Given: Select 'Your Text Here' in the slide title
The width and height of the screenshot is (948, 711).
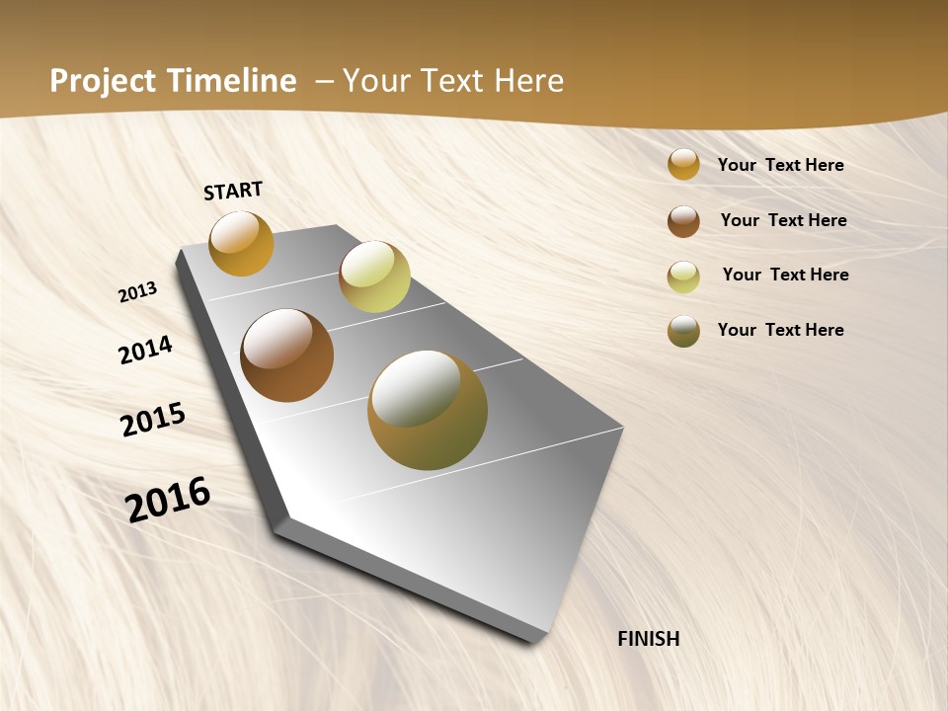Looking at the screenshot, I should point(452,81).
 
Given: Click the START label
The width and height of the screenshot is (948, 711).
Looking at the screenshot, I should point(233,191).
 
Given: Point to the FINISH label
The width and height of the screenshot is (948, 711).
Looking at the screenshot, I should point(649,639).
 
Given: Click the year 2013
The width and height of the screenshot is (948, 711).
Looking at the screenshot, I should point(137,292).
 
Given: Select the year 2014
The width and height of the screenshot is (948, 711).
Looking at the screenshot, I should point(145,350).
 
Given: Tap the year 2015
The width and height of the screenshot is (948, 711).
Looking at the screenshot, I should point(153,420).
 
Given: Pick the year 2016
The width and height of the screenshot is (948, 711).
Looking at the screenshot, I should point(168,500).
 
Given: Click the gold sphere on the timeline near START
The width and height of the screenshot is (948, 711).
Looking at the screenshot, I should point(241,243).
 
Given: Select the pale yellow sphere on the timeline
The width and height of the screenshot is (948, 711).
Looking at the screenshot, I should point(374,276).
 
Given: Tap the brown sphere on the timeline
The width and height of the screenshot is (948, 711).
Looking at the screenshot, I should point(287,355).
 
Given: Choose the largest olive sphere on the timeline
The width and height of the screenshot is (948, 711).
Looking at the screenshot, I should point(428,410).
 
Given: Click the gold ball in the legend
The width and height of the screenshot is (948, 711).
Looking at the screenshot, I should point(683,165).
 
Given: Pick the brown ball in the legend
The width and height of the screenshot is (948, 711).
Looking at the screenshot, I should point(683,221).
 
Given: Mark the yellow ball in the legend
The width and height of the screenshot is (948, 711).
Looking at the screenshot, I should point(683,276).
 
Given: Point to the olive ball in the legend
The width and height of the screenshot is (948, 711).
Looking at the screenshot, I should point(683,331).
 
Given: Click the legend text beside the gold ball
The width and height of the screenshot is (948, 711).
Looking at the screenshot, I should point(780,165).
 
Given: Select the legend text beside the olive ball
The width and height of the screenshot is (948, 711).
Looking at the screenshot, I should point(780,330).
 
